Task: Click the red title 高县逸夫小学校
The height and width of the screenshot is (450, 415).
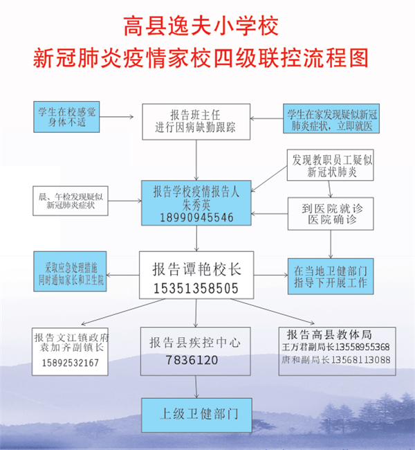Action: click(x=201, y=26)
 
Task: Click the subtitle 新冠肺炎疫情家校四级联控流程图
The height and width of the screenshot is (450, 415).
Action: click(x=201, y=58)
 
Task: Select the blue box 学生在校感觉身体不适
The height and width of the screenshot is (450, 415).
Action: click(x=66, y=117)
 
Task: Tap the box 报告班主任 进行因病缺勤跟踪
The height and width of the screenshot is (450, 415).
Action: click(x=196, y=122)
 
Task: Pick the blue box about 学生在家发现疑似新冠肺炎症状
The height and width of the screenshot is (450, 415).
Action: click(x=331, y=118)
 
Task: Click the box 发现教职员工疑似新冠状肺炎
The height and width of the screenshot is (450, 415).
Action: click(x=330, y=165)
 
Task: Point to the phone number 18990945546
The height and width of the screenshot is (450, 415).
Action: click(x=196, y=217)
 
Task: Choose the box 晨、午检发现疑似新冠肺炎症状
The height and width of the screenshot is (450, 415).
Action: click(x=71, y=201)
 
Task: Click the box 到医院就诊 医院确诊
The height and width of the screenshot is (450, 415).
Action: click(x=331, y=214)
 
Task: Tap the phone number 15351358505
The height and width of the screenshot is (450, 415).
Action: click(x=196, y=289)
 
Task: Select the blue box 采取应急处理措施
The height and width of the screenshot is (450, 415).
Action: click(x=70, y=271)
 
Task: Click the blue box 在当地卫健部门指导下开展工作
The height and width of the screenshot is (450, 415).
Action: click(x=331, y=276)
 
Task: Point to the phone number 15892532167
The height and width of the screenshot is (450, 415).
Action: click(x=71, y=363)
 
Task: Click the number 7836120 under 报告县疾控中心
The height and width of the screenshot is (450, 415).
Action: click(x=192, y=360)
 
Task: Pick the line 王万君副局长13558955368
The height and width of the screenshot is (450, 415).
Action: click(x=336, y=347)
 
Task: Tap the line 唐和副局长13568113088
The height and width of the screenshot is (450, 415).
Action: click(x=336, y=359)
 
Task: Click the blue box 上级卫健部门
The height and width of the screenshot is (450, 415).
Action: click(x=196, y=415)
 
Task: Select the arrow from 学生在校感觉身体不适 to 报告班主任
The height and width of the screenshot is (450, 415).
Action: click(x=116, y=117)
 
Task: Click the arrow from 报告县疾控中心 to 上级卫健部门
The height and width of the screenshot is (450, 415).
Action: click(x=196, y=386)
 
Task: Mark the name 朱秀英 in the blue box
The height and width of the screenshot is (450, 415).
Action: click(x=196, y=205)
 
